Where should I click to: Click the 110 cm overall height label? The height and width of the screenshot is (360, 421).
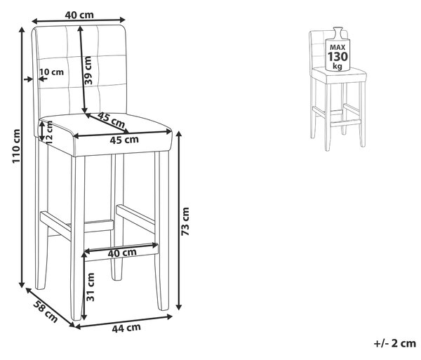(16, 146)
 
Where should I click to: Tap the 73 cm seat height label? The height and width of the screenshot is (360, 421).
(185, 222)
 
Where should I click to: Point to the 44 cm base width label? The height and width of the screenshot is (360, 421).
(126, 328)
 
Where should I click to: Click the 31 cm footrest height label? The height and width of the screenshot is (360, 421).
(91, 287)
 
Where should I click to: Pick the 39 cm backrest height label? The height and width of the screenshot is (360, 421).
(88, 70)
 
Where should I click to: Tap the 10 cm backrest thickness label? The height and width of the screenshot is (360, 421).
(51, 72)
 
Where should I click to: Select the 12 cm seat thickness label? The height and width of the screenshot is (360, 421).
(49, 132)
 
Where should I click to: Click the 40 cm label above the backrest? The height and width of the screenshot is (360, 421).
(79, 15)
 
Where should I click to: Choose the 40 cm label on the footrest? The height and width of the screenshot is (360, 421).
(122, 253)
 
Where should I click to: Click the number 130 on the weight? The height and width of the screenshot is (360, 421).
(338, 57)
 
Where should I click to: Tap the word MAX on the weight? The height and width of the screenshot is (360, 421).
(338, 48)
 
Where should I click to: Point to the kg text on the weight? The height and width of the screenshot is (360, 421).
(338, 66)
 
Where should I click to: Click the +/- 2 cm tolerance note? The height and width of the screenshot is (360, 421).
(394, 343)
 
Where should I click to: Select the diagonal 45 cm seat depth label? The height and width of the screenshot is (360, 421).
(111, 120)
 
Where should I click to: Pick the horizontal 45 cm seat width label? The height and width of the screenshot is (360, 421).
(124, 140)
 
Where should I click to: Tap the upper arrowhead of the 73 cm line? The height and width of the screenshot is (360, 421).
(179, 134)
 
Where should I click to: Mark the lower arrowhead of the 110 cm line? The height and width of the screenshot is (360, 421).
(22, 285)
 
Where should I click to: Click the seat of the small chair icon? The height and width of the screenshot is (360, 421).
(339, 75)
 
